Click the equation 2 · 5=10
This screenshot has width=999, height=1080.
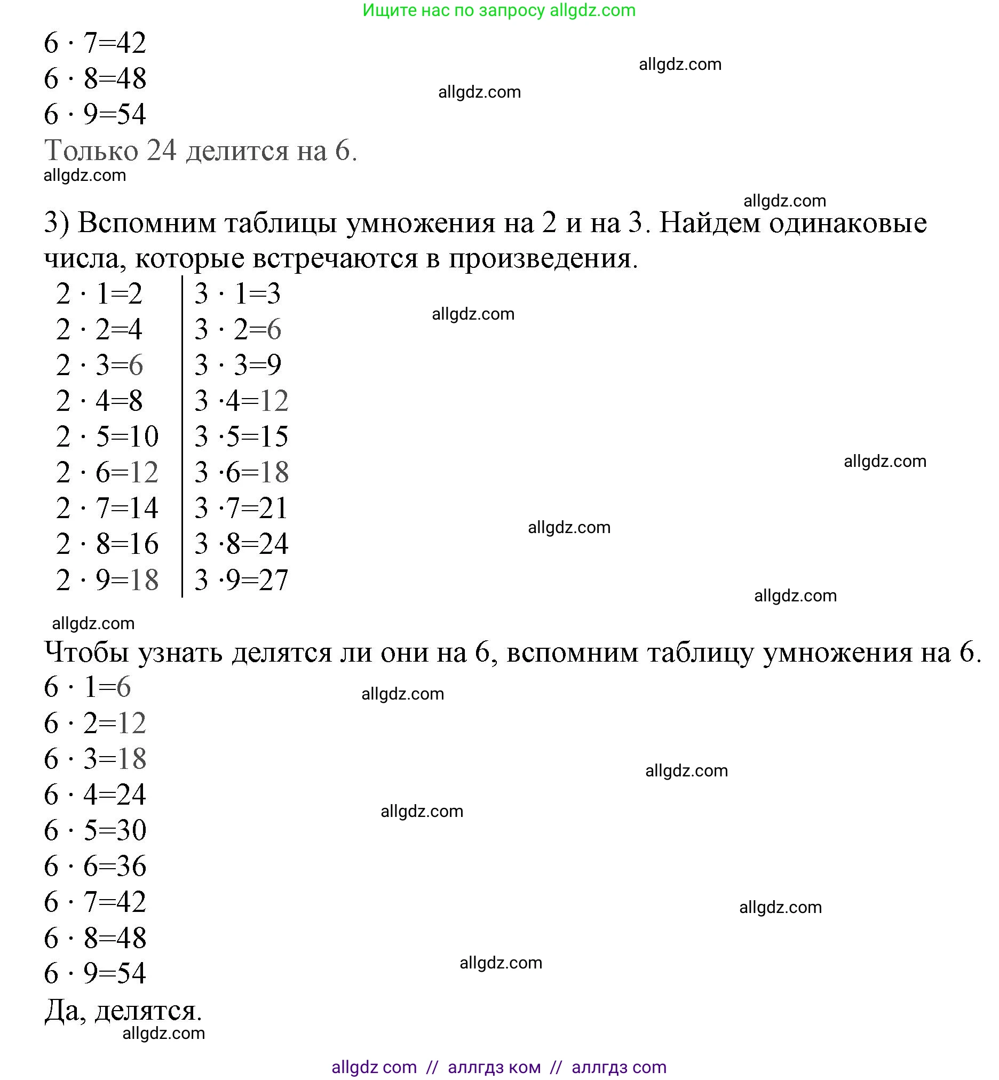[x=107, y=437]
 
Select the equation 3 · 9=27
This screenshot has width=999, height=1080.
[x=241, y=581]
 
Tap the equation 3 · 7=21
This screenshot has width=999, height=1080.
[x=241, y=509]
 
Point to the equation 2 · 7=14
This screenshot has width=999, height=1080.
[x=107, y=509]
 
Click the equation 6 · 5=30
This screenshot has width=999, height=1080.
[x=95, y=830]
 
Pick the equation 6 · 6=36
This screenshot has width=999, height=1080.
[x=95, y=866]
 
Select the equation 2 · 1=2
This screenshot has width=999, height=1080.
[x=99, y=294]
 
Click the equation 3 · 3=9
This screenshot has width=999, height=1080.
[x=238, y=366]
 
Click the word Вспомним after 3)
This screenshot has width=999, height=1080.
[x=147, y=223]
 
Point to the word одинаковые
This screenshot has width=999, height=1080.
[x=847, y=223]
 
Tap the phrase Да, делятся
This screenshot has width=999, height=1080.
[x=123, y=1010]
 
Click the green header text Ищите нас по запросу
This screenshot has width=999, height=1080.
[x=453, y=10]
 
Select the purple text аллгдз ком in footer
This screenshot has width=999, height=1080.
[x=494, y=1067]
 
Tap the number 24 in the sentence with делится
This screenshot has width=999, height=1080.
[x=162, y=150]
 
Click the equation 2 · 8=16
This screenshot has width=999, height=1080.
[x=107, y=544]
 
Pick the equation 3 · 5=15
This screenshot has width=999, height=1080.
[x=241, y=437]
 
